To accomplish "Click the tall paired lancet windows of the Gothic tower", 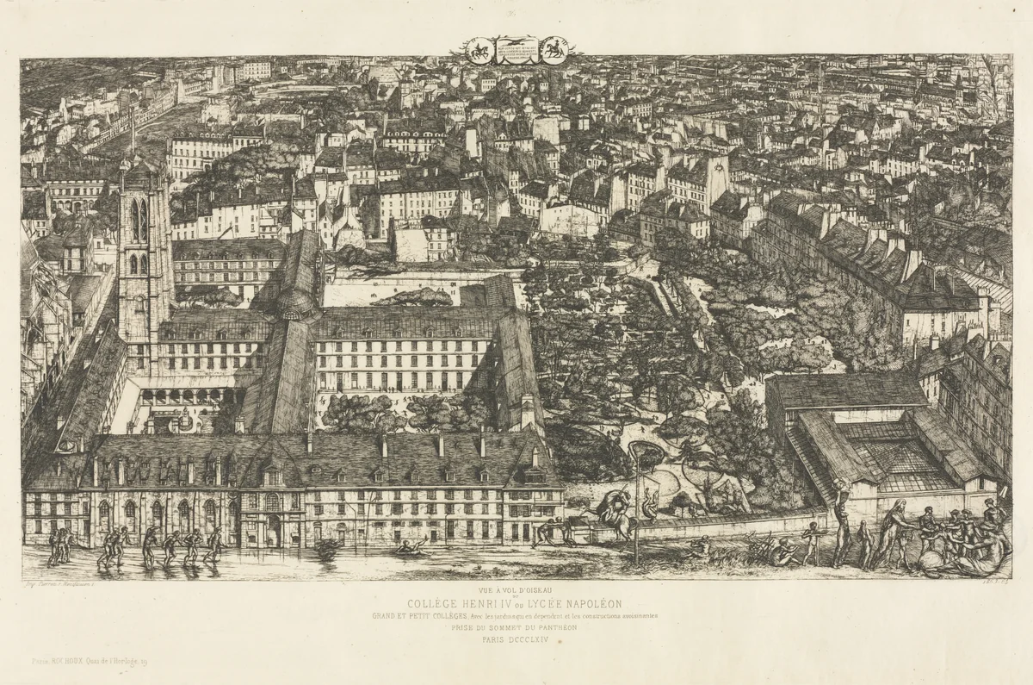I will click(138, 221).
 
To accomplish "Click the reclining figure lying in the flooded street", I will click(411, 546).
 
